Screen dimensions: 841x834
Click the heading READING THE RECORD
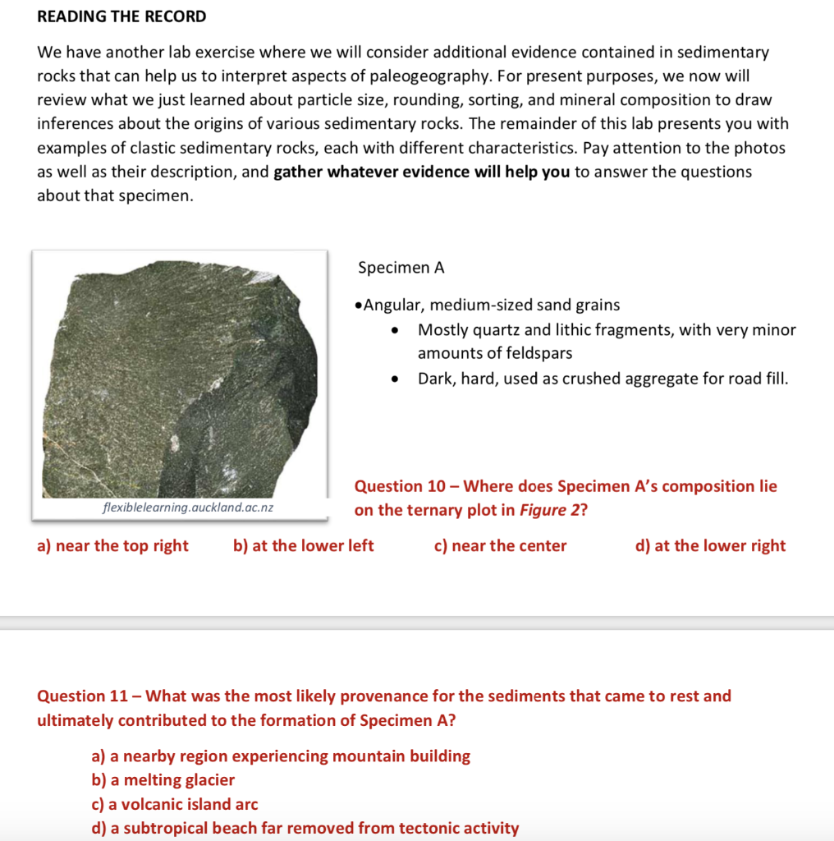pos(121,16)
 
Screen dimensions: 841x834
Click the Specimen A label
pos(401,268)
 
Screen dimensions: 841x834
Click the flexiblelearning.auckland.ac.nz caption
pos(188,508)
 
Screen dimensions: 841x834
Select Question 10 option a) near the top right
pos(113,546)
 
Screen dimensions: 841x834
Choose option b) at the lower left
pos(304,546)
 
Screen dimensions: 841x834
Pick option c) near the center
pos(500,546)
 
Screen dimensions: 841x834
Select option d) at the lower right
pos(710,546)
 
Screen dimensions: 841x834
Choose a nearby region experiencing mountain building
pos(281,756)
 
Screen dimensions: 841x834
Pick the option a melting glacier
pos(163,780)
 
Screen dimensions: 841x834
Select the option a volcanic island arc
pos(174,804)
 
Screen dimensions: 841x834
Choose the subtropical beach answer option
pos(305,828)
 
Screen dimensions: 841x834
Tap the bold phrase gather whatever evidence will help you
pos(421,172)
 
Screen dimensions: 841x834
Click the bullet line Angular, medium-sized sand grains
pos(488,305)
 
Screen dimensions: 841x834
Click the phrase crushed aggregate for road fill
pos(675,379)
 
